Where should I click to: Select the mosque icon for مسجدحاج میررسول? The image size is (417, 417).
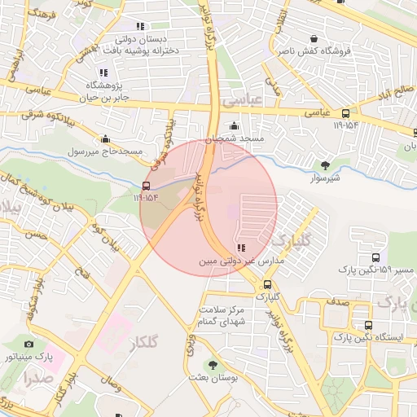tap(105, 138)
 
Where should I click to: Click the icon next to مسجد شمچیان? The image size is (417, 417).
tap(235, 126)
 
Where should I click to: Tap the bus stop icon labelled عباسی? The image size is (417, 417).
tap(346, 114)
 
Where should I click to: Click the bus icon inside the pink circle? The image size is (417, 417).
tap(147, 185)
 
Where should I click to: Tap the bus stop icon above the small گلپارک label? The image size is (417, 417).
tap(268, 284)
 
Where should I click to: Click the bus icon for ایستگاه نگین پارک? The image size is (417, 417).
tap(369, 325)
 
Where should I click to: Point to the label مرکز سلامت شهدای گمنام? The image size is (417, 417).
tap(226, 316)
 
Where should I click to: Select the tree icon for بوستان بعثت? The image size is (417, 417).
tap(213, 366)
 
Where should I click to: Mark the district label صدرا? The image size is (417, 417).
tap(37, 378)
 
